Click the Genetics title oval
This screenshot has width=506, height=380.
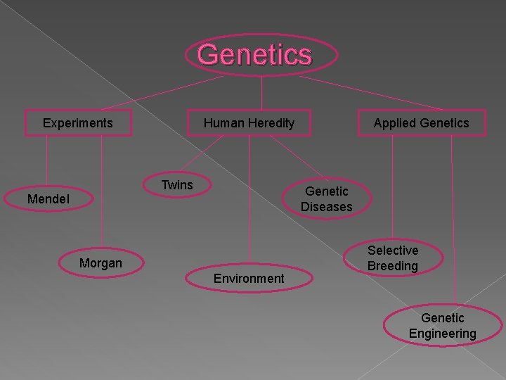coord(261,55)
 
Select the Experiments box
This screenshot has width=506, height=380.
coord(77,123)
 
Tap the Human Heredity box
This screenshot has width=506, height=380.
coord(249,123)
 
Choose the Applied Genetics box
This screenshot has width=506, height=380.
coord(421,123)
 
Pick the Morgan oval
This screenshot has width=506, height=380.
coord(100,263)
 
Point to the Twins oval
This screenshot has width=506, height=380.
coord(177,185)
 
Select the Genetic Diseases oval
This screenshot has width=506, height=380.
coord(326,199)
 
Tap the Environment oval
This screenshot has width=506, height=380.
coord(249,278)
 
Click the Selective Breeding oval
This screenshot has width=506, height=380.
coord(392,258)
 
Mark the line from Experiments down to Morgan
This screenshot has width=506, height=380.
coord(102,190)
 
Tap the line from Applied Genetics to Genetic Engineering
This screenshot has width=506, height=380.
coord(451,211)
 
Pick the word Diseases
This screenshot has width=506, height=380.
coord(326,207)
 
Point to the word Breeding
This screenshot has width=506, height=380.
coord(392,266)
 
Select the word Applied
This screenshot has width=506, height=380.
coord(392,123)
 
